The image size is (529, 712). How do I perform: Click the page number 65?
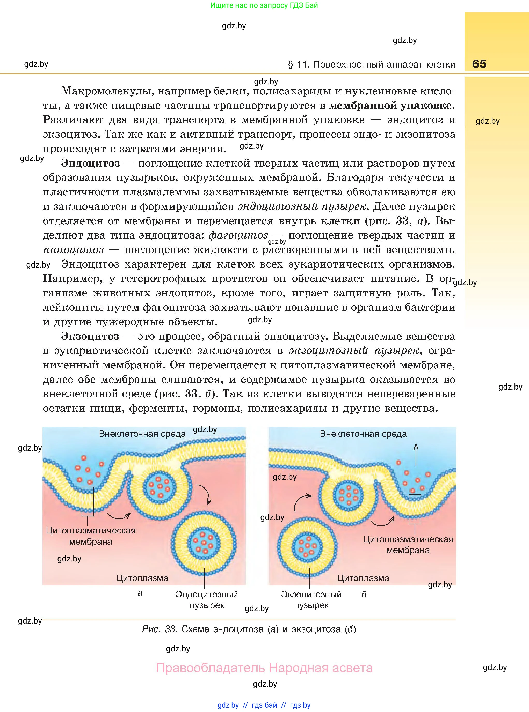click(479, 64)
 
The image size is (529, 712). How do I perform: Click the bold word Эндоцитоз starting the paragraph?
click(91, 163)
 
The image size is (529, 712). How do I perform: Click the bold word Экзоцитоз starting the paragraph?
click(90, 336)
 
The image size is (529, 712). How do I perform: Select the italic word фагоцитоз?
click(238, 235)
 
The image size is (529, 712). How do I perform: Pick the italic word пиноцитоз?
click(73, 250)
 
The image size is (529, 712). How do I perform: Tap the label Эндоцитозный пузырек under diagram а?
click(207, 600)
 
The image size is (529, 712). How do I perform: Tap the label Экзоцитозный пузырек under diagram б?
click(311, 600)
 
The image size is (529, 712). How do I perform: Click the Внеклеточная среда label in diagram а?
click(142, 434)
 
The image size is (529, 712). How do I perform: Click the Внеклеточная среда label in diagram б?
click(363, 434)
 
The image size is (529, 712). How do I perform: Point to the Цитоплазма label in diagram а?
click(142, 578)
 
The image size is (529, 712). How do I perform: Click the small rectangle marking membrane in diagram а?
click(88, 501)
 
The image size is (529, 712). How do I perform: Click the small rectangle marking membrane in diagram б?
click(415, 509)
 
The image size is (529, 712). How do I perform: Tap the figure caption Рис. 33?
click(249, 629)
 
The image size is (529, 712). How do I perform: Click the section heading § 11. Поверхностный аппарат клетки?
click(372, 65)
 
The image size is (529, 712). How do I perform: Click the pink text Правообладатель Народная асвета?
click(264, 668)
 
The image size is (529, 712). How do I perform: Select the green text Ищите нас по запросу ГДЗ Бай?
click(264, 5)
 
